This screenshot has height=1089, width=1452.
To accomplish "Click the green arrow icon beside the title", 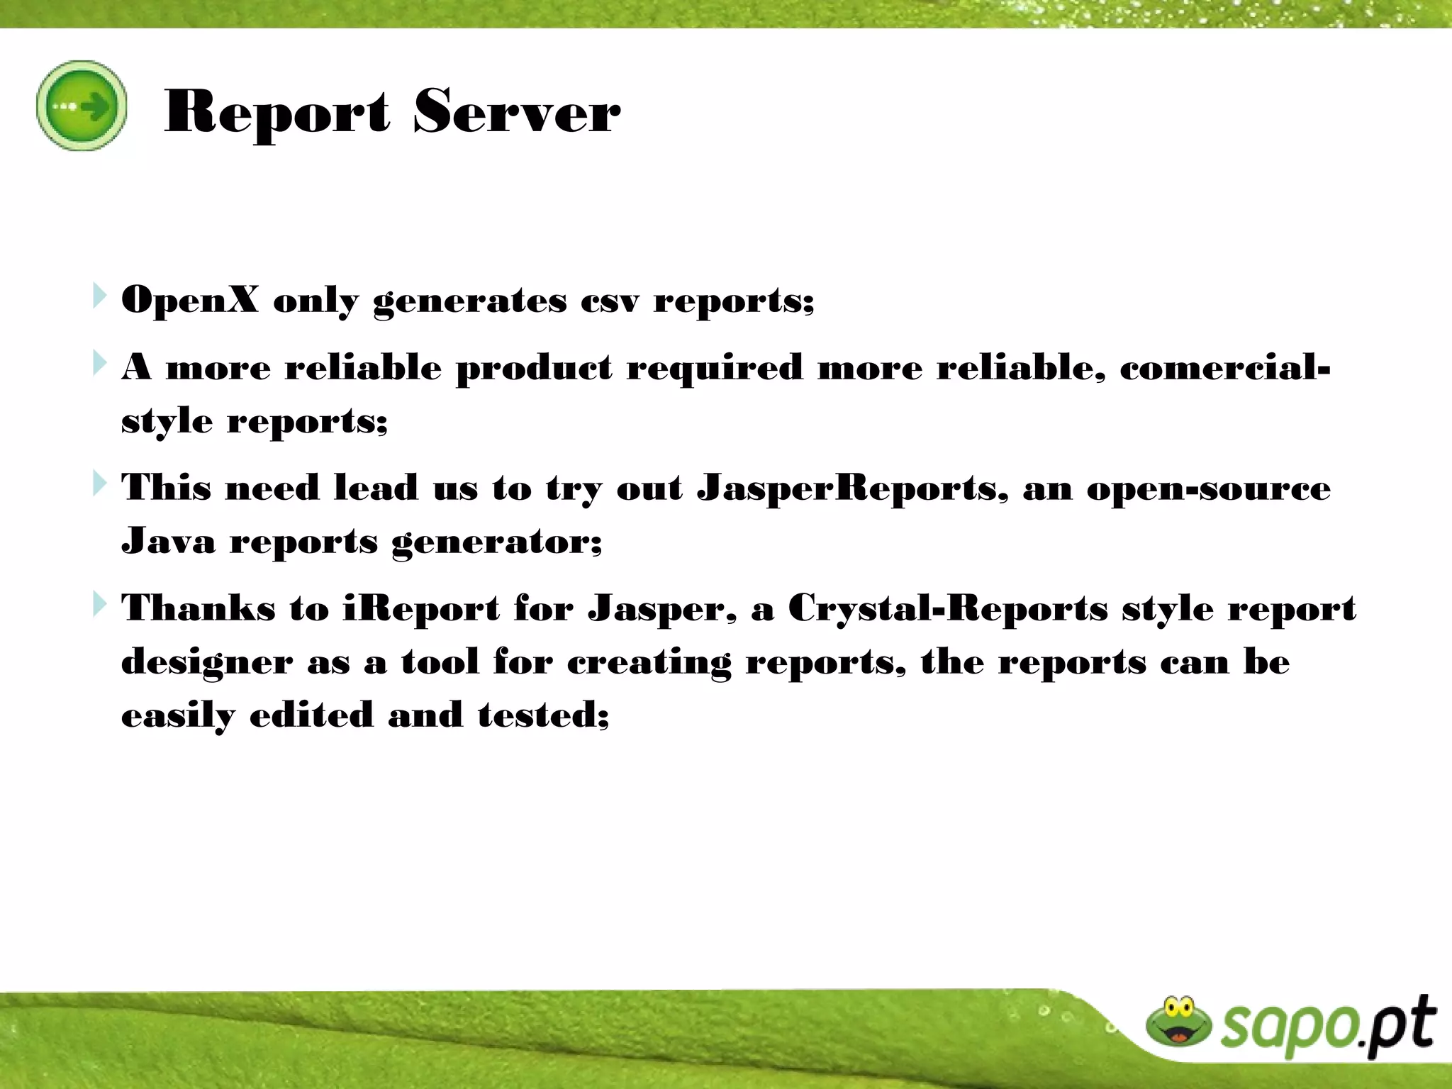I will click(x=82, y=106).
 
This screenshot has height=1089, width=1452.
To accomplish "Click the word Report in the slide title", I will click(x=277, y=111).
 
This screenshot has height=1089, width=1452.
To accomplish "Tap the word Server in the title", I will click(x=516, y=111).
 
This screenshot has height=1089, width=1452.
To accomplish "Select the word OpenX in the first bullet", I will click(x=190, y=300).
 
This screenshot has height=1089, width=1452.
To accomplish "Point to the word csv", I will click(x=609, y=301).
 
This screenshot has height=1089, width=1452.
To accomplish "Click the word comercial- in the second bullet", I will click(x=1224, y=367).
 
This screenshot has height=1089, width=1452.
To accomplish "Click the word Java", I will click(x=168, y=541).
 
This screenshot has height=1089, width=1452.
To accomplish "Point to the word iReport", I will click(x=421, y=609).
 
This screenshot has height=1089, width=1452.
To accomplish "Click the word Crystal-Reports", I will click(x=948, y=609).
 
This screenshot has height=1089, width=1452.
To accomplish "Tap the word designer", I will click(x=206, y=662).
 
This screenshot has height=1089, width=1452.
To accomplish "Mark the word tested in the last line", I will click(x=543, y=715).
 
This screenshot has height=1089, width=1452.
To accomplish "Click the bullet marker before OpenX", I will click(x=99, y=296).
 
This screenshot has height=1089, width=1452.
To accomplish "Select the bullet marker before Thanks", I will click(x=99, y=605).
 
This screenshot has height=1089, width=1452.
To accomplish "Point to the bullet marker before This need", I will click(x=99, y=484).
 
